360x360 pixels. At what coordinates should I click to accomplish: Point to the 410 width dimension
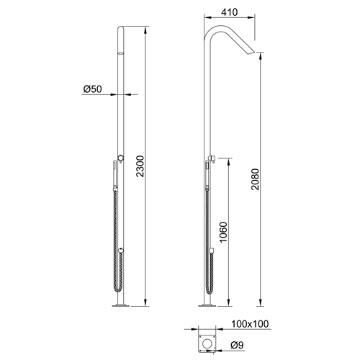(x=230, y=13)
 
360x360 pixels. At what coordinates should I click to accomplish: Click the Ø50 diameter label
(x=91, y=89)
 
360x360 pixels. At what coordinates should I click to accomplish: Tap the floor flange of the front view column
(x=120, y=307)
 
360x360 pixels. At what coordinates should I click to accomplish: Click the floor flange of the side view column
(x=209, y=307)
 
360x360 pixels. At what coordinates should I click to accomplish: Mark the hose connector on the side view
(x=214, y=251)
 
